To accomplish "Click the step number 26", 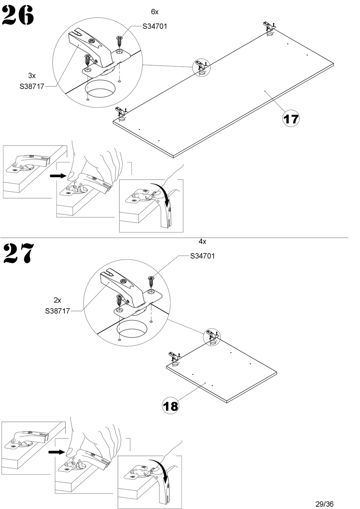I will tap(18, 16).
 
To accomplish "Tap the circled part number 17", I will tap(291, 119).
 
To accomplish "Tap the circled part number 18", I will tap(170, 406).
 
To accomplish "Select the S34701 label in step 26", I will tap(155, 27).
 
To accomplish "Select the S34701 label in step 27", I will tap(202, 256).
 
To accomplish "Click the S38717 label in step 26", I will tap(32, 87).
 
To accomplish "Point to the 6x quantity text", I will tap(155, 12).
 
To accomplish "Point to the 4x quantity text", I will tap(202, 241).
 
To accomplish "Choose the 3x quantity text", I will tap(32, 75).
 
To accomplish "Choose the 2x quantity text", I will tap(58, 300).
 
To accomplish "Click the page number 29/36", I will tap(325, 504).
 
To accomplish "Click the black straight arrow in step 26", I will tap(58, 176).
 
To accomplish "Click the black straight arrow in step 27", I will tap(56, 452).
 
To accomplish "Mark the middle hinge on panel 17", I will tap(201, 66).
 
